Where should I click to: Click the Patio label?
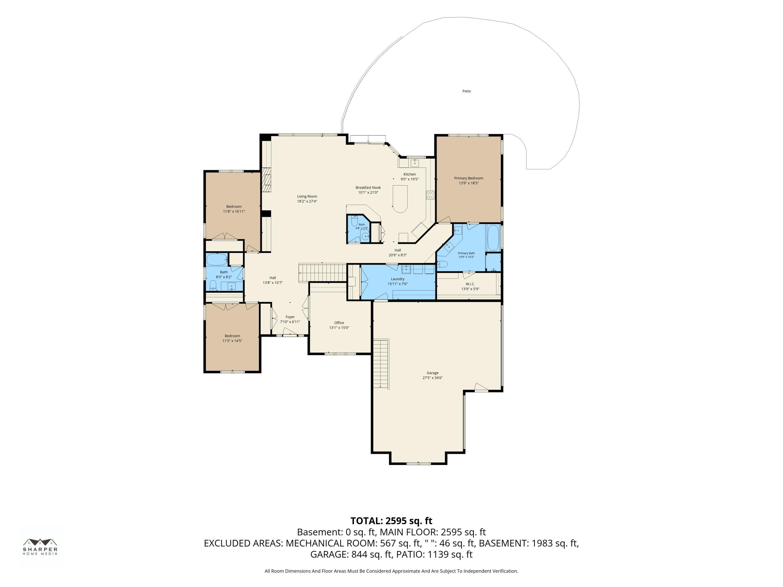coord(467,91)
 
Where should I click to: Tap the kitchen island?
coord(400,199)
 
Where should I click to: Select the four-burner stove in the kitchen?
coord(430,195)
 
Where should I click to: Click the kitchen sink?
coord(414,163)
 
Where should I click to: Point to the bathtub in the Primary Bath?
coord(493,238)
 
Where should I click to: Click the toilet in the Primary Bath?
coord(442,264)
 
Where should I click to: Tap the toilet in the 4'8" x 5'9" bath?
coord(355,221)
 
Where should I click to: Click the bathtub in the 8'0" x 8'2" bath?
coord(217,260)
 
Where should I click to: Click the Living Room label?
coord(307,196)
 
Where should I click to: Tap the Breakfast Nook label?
coord(368,188)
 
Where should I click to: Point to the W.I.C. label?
coord(470,284)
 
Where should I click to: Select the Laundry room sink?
coord(406,269)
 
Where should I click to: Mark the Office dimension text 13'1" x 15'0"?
coord(339,328)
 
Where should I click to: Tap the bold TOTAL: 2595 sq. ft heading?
coord(391,521)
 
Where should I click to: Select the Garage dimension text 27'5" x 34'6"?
coord(432,378)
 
